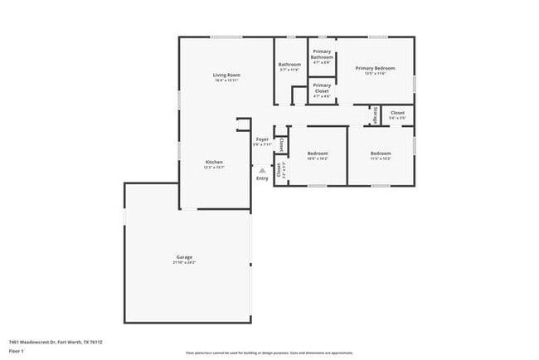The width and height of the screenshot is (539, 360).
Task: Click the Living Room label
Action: point(226,75)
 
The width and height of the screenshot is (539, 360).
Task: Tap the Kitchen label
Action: point(214,161)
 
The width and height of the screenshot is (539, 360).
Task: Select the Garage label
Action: point(184,257)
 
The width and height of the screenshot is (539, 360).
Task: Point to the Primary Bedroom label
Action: point(375,68)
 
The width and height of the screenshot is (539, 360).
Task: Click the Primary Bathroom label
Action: point(322,54)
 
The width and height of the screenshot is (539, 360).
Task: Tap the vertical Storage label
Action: point(376,114)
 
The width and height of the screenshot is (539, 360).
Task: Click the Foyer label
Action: point(262,139)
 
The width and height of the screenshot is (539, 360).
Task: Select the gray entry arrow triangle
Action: point(262,170)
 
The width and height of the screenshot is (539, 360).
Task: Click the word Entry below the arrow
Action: point(262,178)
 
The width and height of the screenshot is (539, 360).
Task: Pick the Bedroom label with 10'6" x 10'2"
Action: point(318,153)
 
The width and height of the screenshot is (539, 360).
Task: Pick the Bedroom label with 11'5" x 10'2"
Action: point(381,153)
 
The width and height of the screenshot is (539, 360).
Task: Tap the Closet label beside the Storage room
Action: point(397,113)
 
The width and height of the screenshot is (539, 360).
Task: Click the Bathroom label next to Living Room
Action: point(289,65)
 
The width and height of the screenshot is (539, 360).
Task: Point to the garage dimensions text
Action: point(184,263)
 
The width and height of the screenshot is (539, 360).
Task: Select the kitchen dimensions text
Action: point(214,167)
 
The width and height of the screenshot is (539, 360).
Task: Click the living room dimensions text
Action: point(226,80)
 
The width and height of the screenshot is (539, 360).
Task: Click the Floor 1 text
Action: point(17,351)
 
